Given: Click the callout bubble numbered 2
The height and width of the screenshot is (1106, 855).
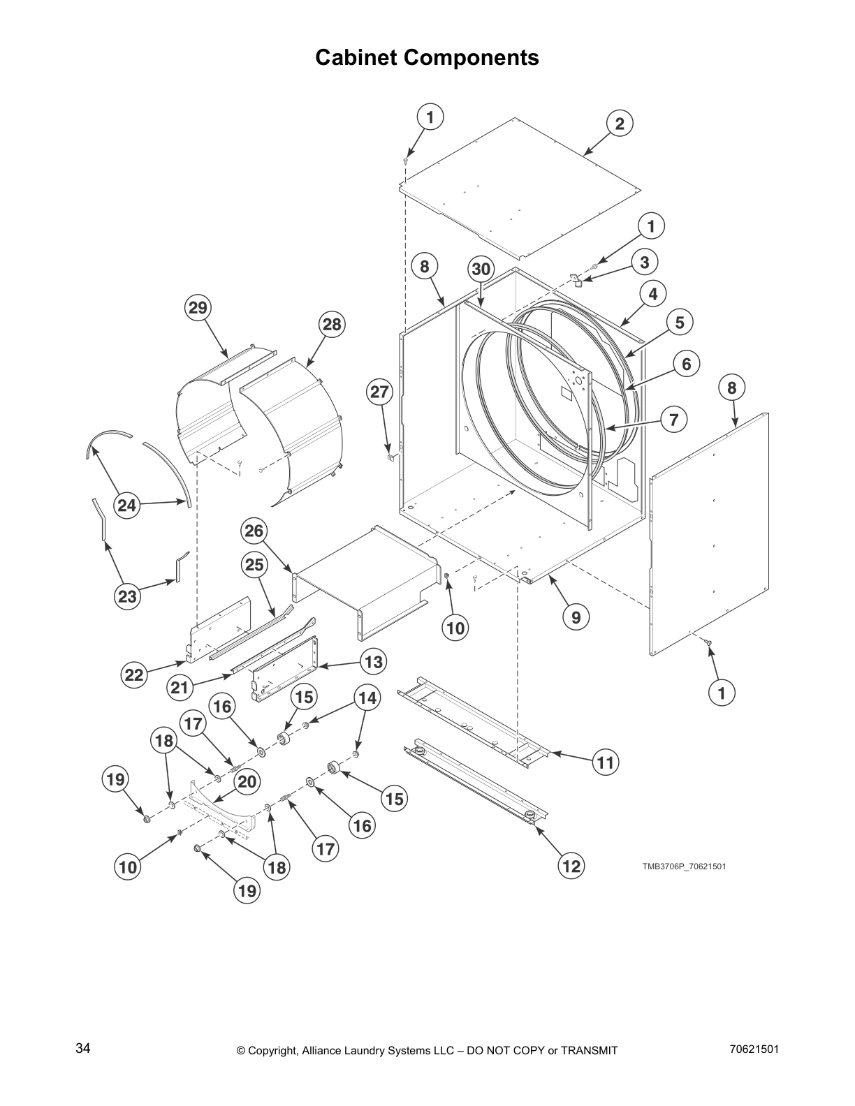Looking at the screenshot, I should pyautogui.click(x=620, y=124).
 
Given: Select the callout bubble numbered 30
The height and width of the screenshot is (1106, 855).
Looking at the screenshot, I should pyautogui.click(x=481, y=269).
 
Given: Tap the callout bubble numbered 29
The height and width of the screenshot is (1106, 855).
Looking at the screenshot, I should pyautogui.click(x=198, y=308).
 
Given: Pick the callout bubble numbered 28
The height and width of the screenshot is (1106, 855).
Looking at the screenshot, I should pyautogui.click(x=332, y=324).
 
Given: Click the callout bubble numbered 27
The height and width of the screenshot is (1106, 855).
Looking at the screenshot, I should pyautogui.click(x=379, y=392).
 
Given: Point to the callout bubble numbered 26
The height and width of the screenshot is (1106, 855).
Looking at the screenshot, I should pyautogui.click(x=254, y=531).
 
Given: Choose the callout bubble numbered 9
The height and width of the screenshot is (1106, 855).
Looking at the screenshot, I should pyautogui.click(x=576, y=617).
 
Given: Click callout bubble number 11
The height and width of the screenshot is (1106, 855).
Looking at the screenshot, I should pyautogui.click(x=606, y=762).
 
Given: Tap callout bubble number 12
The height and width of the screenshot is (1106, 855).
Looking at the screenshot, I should pyautogui.click(x=571, y=867).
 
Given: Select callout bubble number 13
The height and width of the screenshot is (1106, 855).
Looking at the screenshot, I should pyautogui.click(x=374, y=661).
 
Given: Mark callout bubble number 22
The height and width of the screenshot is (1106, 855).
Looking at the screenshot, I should pyautogui.click(x=133, y=675).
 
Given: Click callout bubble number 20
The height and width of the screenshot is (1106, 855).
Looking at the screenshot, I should pyautogui.click(x=247, y=782).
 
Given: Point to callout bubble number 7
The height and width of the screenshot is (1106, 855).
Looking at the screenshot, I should pyautogui.click(x=674, y=420).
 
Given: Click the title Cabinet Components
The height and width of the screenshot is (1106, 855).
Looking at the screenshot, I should pyautogui.click(x=427, y=57).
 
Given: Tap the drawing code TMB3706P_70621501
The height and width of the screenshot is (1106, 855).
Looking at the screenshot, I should pyautogui.click(x=684, y=867).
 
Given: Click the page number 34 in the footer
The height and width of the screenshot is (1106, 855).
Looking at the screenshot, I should pyautogui.click(x=83, y=1049).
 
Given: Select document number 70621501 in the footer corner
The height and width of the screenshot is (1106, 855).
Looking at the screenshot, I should pyautogui.click(x=754, y=1049).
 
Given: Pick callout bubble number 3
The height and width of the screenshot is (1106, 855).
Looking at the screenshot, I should pyautogui.click(x=645, y=262).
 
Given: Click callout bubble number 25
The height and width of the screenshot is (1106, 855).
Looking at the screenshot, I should pyautogui.click(x=254, y=564).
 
